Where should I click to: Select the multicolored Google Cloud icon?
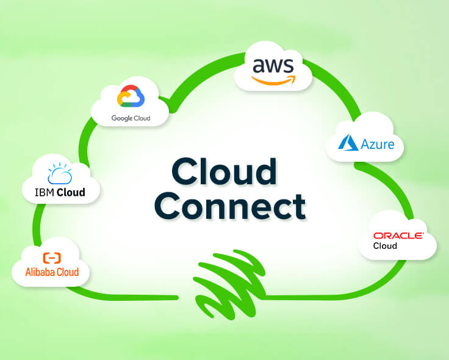point(131,98)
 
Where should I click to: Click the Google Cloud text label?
point(131,118)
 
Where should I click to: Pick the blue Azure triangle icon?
point(349,144)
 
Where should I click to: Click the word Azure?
point(376,145)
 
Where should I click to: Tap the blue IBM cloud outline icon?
point(60,174)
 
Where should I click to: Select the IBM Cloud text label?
point(60,193)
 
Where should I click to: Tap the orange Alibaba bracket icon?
point(52,257)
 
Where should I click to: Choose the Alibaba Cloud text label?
point(52,272)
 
